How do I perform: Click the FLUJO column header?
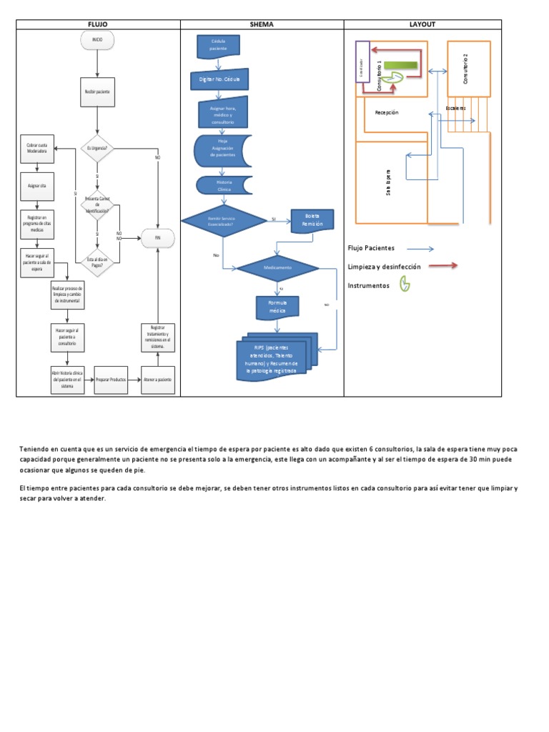[x=97, y=24]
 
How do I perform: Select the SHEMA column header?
[x=262, y=24]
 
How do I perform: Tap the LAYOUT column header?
[x=422, y=24]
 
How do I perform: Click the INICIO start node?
[x=97, y=41]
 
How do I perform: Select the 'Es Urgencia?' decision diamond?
[x=97, y=149]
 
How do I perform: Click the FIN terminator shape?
[x=158, y=239]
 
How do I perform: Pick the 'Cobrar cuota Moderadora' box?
[x=38, y=149]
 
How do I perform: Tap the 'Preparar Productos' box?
[x=111, y=380]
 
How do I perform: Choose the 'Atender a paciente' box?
[x=158, y=380]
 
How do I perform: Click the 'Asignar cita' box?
[x=38, y=185]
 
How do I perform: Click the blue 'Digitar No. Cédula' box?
[x=219, y=79]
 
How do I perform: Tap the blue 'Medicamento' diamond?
[x=278, y=268]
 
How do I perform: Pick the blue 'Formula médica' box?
[x=277, y=307]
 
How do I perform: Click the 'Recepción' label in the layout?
[x=386, y=112]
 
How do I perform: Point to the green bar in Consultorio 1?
[x=401, y=66]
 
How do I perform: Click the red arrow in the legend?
[x=442, y=266]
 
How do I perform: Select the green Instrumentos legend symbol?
[x=405, y=285]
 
